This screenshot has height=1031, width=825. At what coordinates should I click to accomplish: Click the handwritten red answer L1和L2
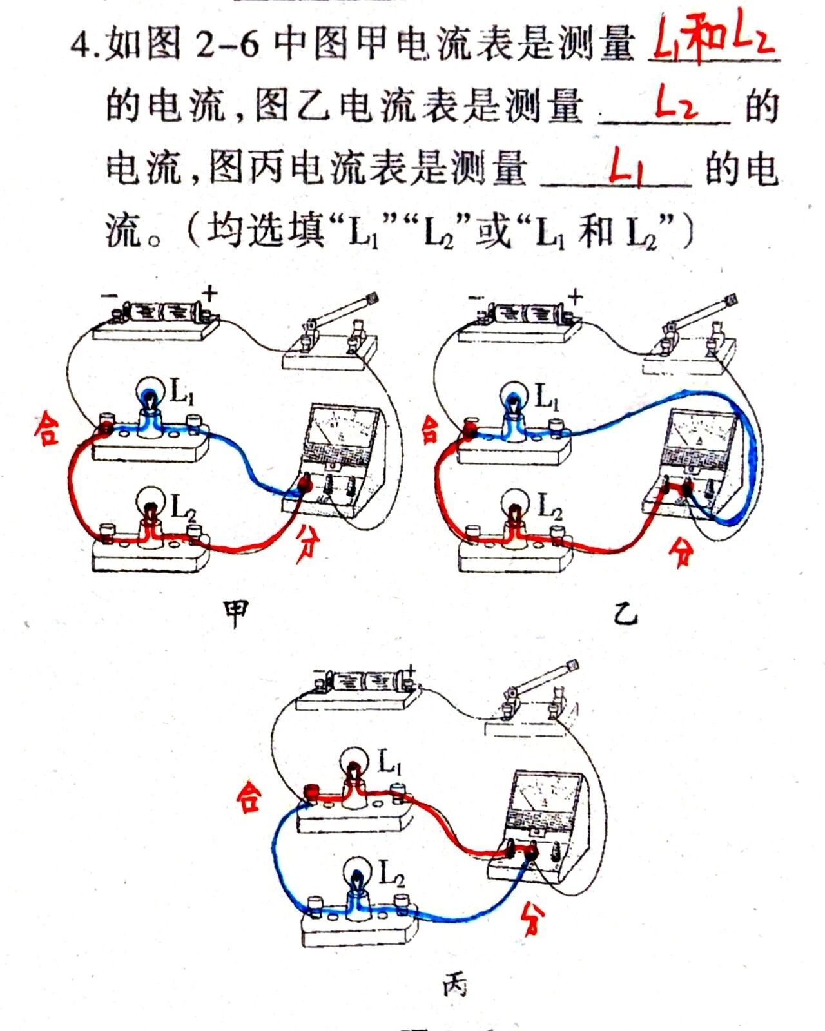coord(714,40)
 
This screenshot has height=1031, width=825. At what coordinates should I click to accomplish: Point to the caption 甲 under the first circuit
coord(235,613)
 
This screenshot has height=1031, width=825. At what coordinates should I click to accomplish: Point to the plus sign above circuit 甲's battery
coord(209,294)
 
